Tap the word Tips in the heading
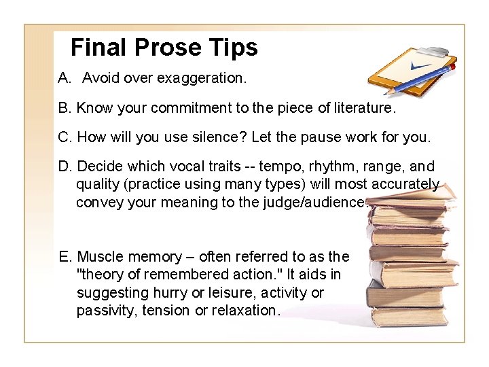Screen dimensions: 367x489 pos(233,47)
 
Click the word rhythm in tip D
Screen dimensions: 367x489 pos(333,167)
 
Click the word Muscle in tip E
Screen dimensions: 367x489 pos(99,257)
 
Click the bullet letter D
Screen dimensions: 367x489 pos(65,167)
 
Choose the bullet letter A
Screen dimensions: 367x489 pos(65,78)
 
